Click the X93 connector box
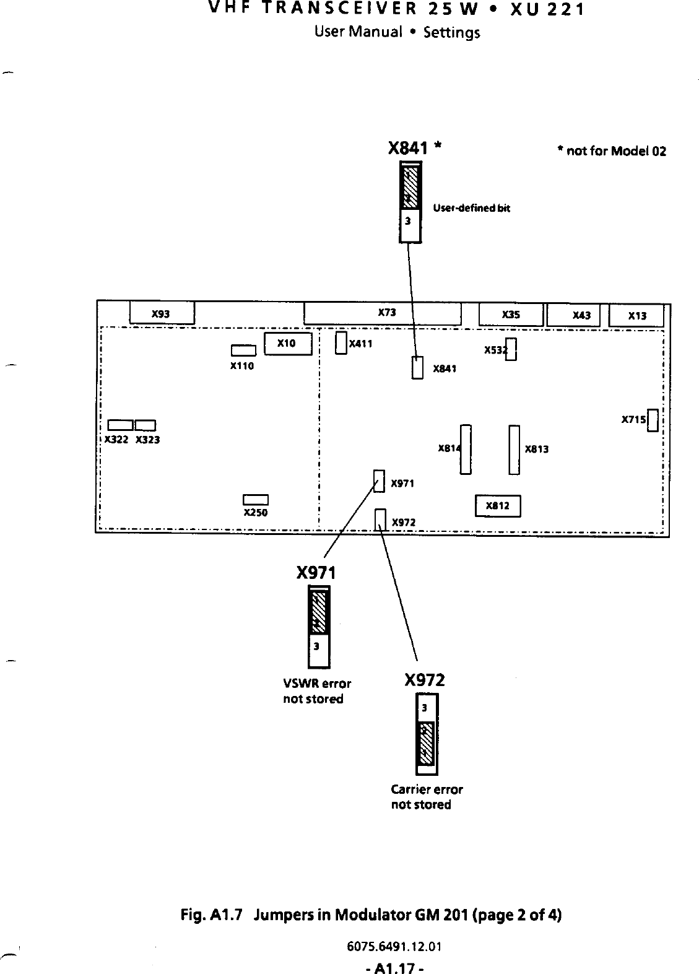162,313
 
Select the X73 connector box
383,313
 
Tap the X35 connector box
511,315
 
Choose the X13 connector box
636,316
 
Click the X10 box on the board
287,343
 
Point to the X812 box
497,506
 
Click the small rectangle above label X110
243,351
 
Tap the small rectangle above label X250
255,500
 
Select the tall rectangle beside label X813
514,450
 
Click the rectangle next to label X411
341,342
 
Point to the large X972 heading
424,680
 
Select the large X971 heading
316,573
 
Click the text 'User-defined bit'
471,208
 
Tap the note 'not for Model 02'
611,152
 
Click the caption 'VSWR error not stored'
316,691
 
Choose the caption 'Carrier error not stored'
427,797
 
